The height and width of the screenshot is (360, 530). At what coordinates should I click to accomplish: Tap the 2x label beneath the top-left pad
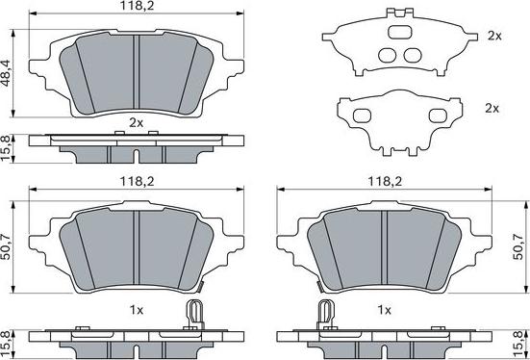136,122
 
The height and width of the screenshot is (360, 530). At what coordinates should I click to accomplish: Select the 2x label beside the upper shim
494,36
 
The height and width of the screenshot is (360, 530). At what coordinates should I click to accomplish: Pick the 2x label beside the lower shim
492,109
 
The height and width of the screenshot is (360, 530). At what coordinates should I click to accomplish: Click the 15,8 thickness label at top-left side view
8,147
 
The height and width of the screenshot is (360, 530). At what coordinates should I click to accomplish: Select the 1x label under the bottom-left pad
136,310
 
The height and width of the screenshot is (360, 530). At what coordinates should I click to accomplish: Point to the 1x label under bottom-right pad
384,310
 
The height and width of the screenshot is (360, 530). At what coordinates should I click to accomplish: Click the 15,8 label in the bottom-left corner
8,340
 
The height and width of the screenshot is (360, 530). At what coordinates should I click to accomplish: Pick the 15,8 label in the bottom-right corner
522,340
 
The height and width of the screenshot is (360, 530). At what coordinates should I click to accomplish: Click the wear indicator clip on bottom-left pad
195,313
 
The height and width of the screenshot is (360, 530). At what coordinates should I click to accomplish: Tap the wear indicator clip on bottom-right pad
324,313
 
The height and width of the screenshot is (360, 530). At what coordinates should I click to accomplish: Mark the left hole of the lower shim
365,116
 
